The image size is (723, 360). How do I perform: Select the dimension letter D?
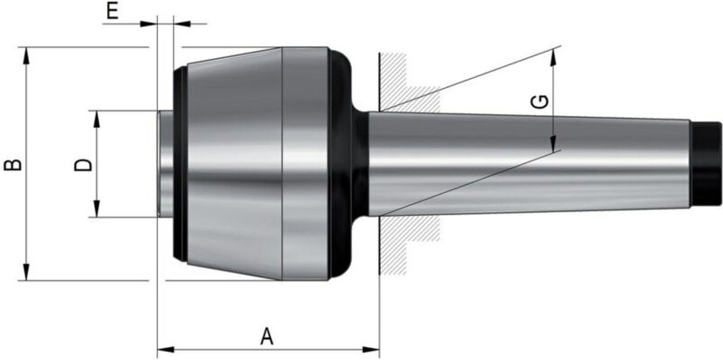(82, 164)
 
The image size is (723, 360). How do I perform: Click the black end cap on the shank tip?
(701, 164)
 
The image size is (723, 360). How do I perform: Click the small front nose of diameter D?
(165, 164)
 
